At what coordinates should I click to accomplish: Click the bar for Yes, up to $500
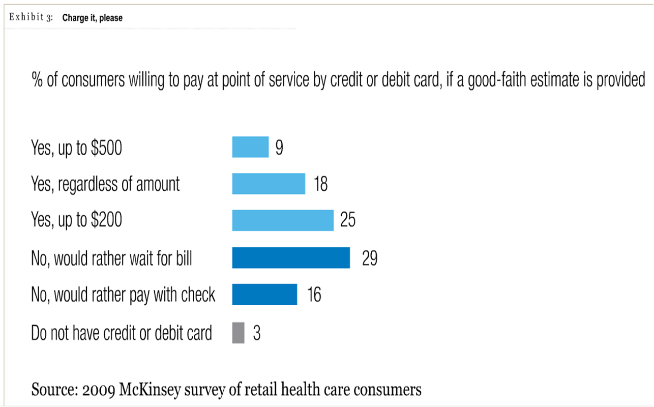(x=250, y=147)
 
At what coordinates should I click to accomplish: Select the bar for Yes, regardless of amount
(x=269, y=184)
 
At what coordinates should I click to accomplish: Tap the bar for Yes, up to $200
(x=283, y=220)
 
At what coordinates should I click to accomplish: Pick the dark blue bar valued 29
(x=291, y=257)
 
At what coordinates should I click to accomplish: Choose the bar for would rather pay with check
(x=264, y=295)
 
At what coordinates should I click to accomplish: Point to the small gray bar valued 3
(x=238, y=333)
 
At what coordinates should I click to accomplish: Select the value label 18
(x=320, y=184)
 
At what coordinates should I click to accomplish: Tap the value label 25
(x=348, y=221)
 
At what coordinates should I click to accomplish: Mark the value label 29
(x=370, y=258)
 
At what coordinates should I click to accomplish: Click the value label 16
(x=314, y=295)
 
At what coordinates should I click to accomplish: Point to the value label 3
(x=257, y=334)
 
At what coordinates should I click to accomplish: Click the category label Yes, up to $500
(x=77, y=148)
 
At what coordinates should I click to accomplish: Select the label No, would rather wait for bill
(x=112, y=258)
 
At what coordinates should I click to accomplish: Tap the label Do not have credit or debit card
(x=122, y=333)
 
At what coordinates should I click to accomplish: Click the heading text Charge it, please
(x=93, y=18)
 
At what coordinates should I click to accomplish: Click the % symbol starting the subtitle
(x=37, y=80)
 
